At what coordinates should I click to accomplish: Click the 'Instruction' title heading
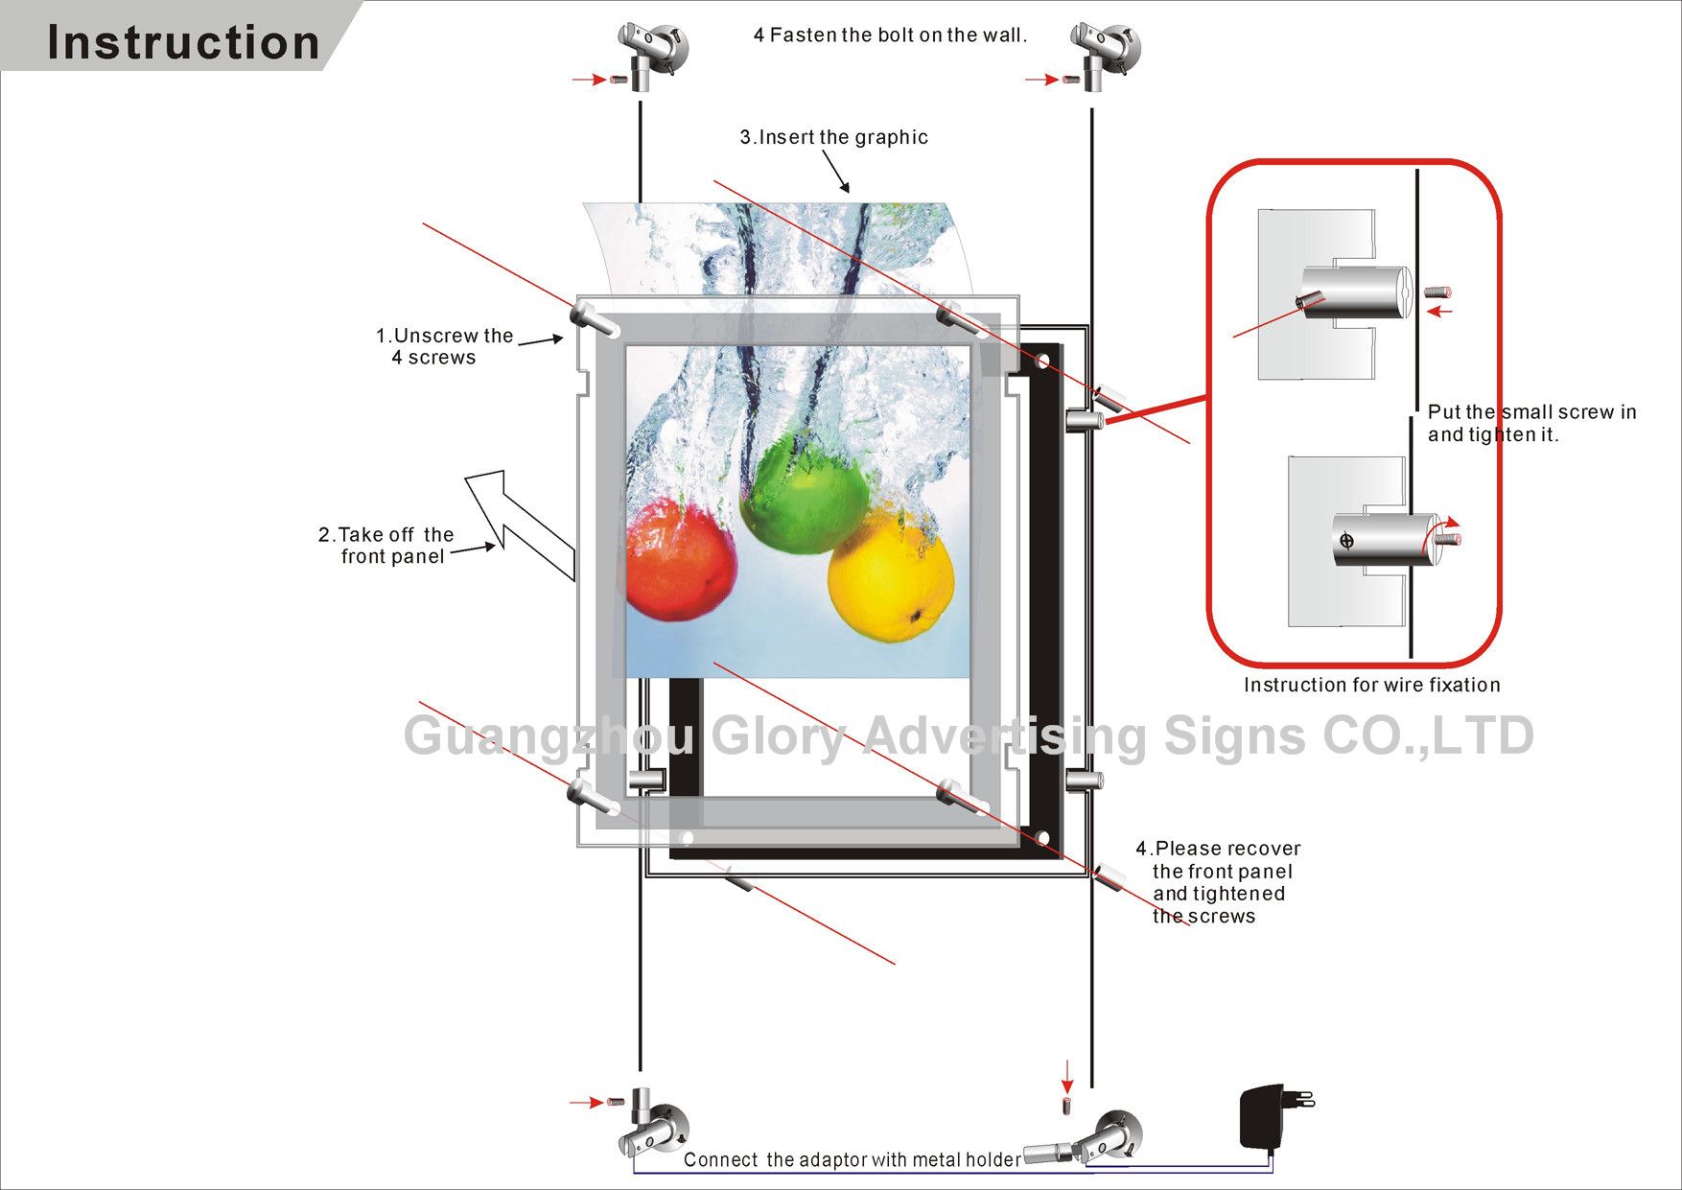(x=182, y=43)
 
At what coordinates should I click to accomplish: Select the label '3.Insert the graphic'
(x=833, y=137)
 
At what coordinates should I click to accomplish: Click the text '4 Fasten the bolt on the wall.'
(x=890, y=35)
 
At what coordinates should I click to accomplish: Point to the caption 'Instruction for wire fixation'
(x=1371, y=685)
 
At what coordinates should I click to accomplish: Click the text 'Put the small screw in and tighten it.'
(x=1530, y=423)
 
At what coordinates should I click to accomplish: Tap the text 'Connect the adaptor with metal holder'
(x=852, y=1159)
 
